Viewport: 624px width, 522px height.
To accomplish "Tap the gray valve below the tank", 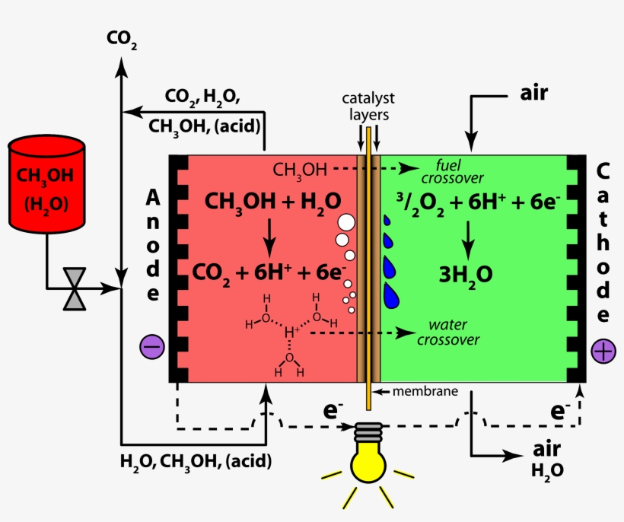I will pos(75,289).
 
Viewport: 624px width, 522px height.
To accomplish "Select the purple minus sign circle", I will pos(151,347).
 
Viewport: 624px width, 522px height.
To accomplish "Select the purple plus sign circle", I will pos(603,351).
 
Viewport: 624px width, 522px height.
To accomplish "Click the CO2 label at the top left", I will pos(121,39).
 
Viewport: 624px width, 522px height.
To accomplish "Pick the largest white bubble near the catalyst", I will pos(345,222).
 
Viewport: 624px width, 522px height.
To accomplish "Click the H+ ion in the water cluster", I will pos(290,331).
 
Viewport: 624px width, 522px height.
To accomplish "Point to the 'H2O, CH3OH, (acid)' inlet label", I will pos(196,461).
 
